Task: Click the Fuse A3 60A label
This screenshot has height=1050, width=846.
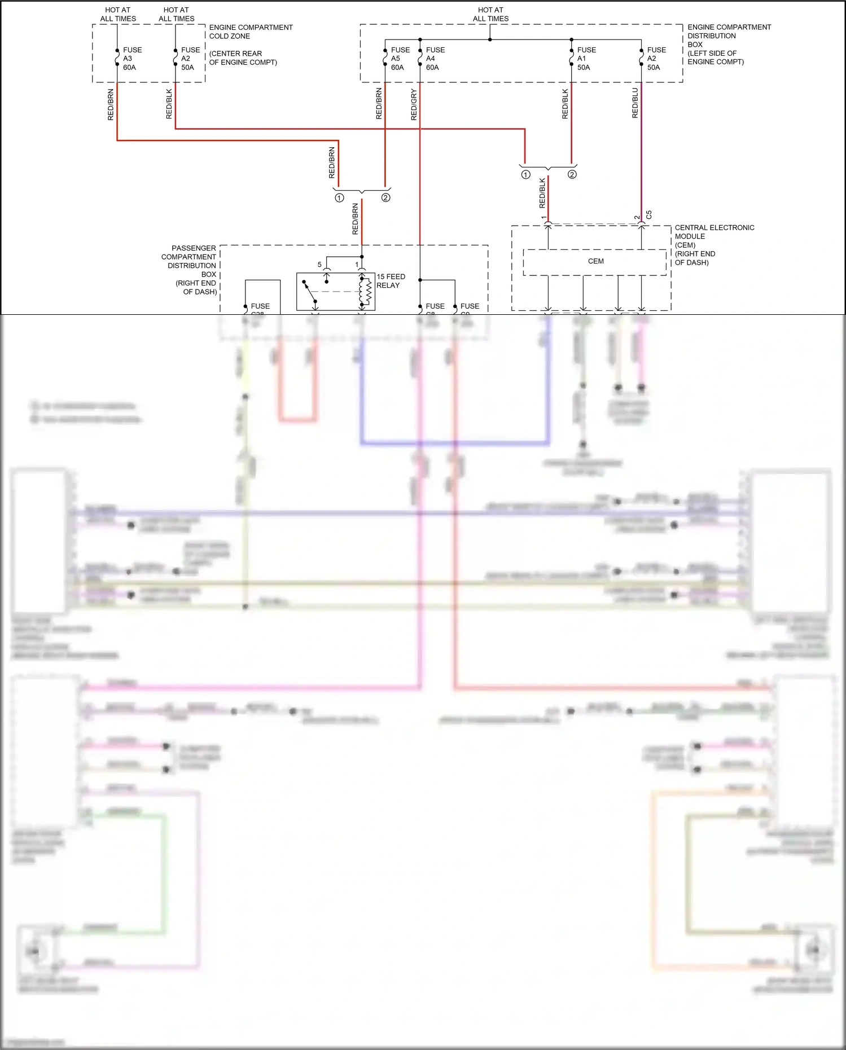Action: point(131,59)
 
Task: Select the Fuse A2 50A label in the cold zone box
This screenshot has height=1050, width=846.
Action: point(190,59)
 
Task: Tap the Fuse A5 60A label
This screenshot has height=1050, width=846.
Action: point(400,59)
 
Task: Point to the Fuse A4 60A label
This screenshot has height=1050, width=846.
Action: point(435,59)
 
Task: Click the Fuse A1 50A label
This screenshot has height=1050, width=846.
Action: point(586,59)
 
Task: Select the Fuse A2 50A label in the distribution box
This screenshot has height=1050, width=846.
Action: point(656,59)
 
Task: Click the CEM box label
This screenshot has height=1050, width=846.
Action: point(595,261)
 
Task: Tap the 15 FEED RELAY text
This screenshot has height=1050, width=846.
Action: point(391,281)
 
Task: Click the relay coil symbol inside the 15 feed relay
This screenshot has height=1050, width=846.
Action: point(366,291)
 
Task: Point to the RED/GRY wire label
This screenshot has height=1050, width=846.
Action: point(414,104)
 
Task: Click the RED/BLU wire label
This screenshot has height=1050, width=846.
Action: point(635,103)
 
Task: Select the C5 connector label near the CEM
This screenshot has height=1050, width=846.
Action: point(648,215)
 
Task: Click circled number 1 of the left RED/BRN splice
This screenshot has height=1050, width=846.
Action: point(339,198)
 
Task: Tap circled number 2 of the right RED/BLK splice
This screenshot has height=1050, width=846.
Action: point(572,174)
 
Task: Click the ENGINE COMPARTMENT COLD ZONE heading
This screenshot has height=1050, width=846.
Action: point(251,32)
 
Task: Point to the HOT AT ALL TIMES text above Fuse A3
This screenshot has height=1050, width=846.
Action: point(118,14)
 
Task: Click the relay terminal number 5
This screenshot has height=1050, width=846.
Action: point(319,265)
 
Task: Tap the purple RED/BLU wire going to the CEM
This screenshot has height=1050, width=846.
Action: point(641,158)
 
